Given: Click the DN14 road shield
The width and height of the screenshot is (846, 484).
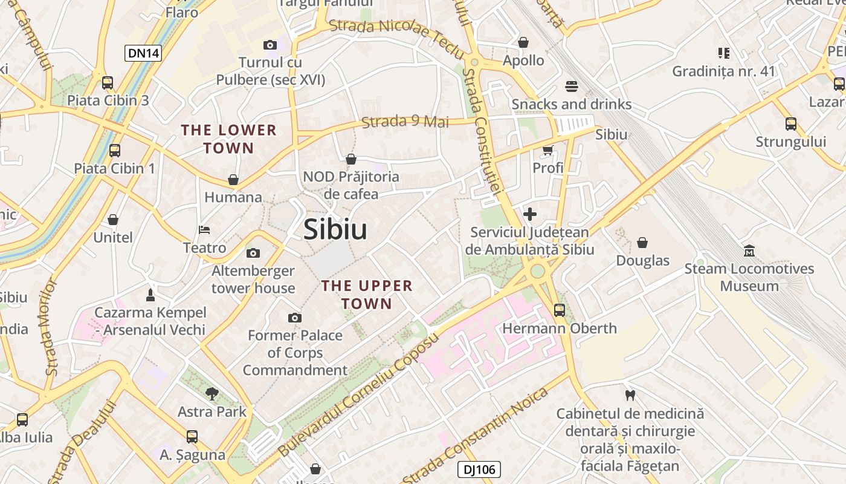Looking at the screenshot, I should pos(144,53).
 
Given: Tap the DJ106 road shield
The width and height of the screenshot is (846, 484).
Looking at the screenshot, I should pos(479,469).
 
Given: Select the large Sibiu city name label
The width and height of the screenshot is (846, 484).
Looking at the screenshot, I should pos(335,229).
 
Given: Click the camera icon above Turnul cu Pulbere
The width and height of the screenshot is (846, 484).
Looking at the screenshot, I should pos(270,45).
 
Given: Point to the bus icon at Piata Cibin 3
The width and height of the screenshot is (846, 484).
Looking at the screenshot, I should pos(108,83).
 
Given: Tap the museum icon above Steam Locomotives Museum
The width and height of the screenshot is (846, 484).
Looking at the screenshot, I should pos(749,250).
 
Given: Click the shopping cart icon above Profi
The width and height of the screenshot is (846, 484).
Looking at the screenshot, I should pos(547,150).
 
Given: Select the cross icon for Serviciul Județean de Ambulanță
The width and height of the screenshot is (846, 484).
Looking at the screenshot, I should pos(530,214).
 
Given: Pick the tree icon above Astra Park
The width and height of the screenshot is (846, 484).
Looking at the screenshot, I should pos(211,394).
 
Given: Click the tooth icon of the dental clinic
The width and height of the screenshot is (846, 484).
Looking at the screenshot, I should pos(630,396).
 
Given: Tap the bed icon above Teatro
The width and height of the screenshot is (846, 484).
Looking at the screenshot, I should pos(204,230).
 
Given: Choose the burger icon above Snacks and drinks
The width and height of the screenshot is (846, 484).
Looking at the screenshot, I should pos(572,87).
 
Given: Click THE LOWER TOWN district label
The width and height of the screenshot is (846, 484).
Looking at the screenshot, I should pos(229,139).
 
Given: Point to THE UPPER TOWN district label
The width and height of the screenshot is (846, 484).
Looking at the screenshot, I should pos(367,294).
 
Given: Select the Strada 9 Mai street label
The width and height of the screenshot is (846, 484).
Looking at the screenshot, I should pos(405,122).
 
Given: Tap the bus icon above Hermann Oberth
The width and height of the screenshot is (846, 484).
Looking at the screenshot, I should pos(560,310).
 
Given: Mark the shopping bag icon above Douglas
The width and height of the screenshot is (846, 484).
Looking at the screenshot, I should pos(642,243).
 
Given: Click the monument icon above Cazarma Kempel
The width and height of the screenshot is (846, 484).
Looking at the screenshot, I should pos(150,295).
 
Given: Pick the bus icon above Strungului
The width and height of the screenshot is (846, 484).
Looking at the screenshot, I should pos(790,124).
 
